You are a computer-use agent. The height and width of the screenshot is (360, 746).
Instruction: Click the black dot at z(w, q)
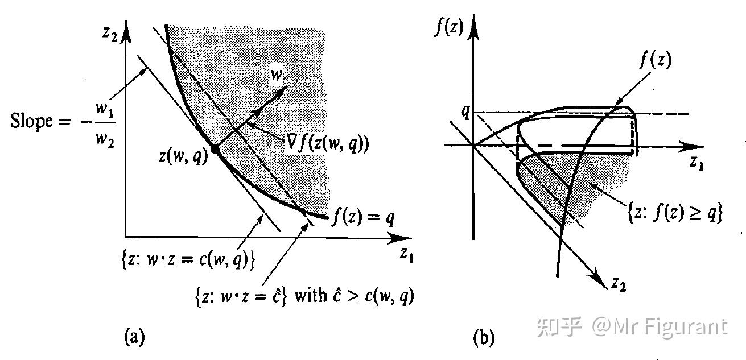(214, 148)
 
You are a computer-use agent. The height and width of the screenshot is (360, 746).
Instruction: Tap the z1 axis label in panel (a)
(405, 254)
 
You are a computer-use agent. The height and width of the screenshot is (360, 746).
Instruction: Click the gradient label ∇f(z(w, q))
(327, 144)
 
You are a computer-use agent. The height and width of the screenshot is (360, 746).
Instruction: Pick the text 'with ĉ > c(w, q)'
(353, 297)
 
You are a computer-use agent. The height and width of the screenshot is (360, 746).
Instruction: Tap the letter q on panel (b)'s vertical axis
(465, 112)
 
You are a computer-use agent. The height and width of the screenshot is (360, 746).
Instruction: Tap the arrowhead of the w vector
(285, 88)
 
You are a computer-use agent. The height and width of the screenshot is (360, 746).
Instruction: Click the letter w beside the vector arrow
(275, 74)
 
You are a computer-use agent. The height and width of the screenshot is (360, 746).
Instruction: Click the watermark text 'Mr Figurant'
(670, 327)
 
